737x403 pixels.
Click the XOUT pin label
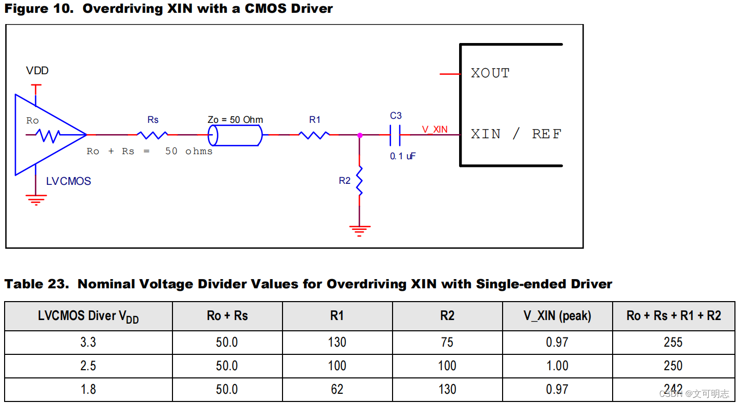pos(490,74)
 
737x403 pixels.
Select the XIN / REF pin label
pos(516,134)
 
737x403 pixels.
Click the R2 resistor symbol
pos(360,180)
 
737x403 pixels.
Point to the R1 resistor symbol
pos(314,135)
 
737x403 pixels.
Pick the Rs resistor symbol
pos(153,135)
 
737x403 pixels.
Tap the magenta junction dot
pos(360,135)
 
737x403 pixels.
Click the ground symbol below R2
pos(360,230)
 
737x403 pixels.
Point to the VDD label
pos(37,71)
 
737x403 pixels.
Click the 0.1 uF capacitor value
pos(402,156)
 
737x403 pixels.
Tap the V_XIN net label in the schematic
pos(435,129)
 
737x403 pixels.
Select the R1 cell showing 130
pos(337,342)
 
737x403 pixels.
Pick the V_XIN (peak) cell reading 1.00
pos(557,366)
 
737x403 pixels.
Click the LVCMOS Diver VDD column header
pos(88,316)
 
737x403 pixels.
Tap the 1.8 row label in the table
pos(88,389)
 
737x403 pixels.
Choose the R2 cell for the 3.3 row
pos(447,342)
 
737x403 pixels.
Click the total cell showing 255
pos(673,342)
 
